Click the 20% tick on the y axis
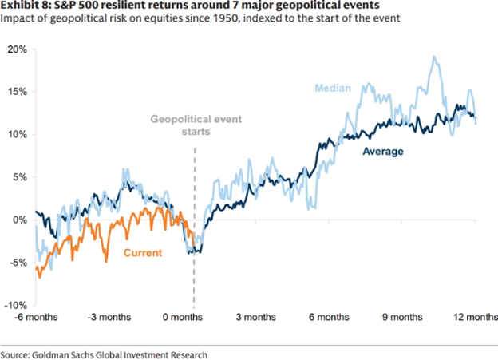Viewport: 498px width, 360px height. [x=17, y=49]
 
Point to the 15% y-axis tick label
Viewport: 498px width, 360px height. [x=17, y=92]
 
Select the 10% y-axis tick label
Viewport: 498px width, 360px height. [x=17, y=134]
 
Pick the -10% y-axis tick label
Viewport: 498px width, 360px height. [x=16, y=305]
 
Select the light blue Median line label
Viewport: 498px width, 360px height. [x=334, y=87]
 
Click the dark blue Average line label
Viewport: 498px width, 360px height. [x=384, y=150]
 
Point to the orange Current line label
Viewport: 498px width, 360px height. [x=142, y=253]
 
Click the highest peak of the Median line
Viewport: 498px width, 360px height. [x=434, y=57]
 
